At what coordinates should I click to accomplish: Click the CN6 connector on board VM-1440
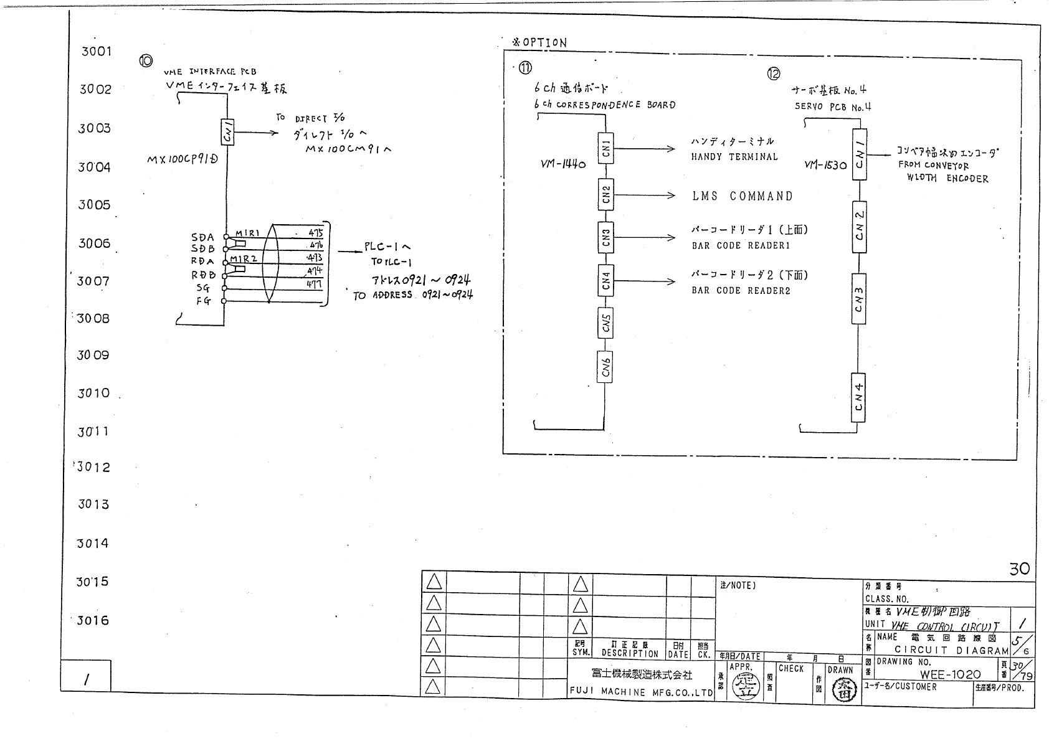point(605,366)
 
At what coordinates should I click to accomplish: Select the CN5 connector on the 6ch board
point(605,323)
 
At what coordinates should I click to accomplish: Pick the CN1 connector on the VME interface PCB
point(227,132)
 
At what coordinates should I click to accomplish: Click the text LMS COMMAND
point(743,196)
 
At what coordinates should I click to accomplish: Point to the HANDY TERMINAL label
point(734,157)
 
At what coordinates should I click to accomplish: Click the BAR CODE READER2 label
point(741,290)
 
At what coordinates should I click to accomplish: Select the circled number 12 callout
point(773,74)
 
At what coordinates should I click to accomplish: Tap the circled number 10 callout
point(146,60)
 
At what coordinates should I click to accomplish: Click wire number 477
point(313,284)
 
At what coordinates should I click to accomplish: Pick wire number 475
point(316,233)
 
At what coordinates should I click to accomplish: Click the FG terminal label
point(203,301)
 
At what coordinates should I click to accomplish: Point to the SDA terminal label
point(202,237)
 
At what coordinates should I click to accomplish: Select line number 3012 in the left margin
point(93,467)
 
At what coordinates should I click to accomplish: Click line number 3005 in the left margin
point(94,205)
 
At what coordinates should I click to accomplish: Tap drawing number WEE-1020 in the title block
point(950,674)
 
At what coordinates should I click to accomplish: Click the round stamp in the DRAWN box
point(840,691)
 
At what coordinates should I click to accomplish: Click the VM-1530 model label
point(825,165)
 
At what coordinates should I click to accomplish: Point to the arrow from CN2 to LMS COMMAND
point(644,196)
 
